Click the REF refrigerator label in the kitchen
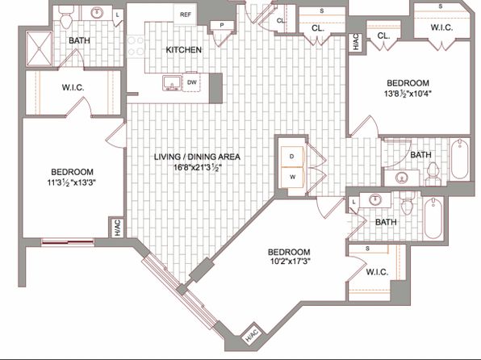[186, 15]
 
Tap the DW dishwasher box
[192, 82]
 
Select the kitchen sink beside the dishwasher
[171, 83]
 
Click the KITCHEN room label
[184, 50]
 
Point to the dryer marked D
[292, 157]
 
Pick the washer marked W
[292, 177]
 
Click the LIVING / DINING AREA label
[197, 157]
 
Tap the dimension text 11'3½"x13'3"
[72, 183]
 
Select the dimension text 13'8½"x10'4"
[408, 94]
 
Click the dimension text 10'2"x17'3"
[289, 261]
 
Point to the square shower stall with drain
[40, 48]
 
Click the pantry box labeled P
[222, 26]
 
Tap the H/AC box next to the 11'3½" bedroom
[118, 228]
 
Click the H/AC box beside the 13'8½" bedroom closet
[356, 42]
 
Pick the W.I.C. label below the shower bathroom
[73, 87]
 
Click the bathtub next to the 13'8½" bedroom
[459, 159]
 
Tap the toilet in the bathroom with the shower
[65, 17]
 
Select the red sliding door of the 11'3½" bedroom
[68, 242]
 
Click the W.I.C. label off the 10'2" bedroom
[378, 272]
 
